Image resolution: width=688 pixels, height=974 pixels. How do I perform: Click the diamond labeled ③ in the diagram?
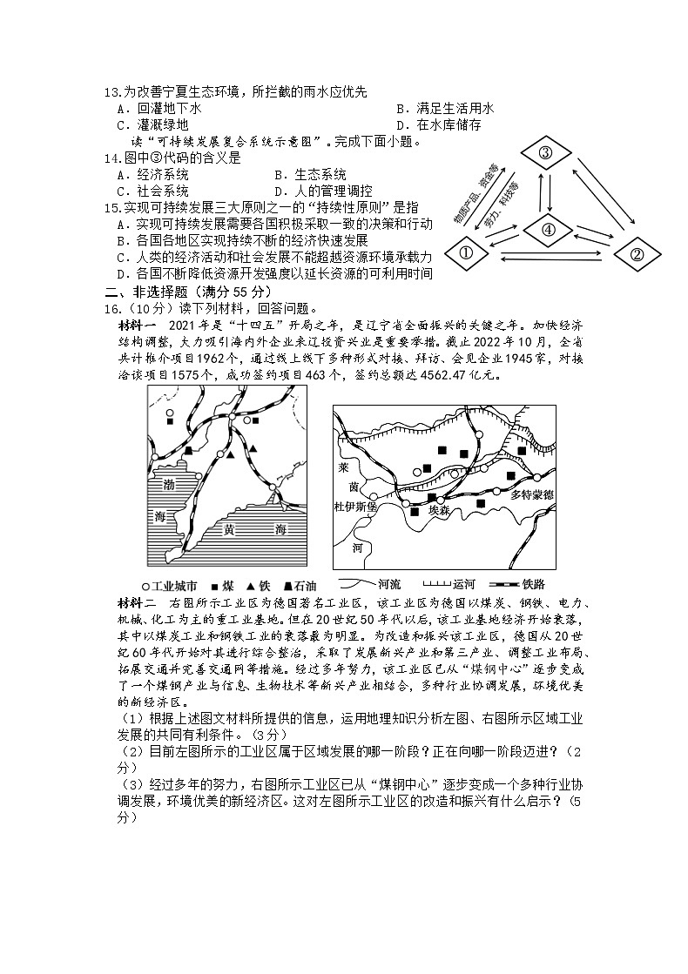(x=545, y=154)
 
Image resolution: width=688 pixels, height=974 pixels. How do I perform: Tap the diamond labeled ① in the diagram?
(x=465, y=253)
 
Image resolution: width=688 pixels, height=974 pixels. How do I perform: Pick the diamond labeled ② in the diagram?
(x=636, y=254)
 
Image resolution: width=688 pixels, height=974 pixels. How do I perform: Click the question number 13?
(x=111, y=92)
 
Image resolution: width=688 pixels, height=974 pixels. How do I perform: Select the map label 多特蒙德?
(x=539, y=494)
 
